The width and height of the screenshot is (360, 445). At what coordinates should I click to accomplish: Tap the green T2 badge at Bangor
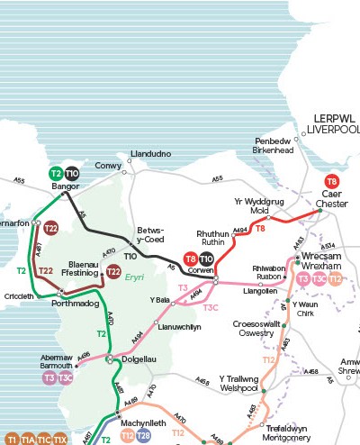pyautogui.click(x=56, y=173)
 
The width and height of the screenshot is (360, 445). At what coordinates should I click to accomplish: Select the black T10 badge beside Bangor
pyautogui.click(x=72, y=173)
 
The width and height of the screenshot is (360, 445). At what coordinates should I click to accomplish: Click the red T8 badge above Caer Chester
pyautogui.click(x=332, y=181)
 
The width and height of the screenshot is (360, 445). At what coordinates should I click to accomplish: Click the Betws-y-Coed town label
pyautogui.click(x=150, y=234)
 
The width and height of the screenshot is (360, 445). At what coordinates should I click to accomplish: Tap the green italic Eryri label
pyautogui.click(x=136, y=278)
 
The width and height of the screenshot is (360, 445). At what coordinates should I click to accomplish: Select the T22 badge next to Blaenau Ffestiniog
pyautogui.click(x=113, y=270)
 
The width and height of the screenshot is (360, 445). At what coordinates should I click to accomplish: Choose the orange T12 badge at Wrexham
pyautogui.click(x=335, y=279)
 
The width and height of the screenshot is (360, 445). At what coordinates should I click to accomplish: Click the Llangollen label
pyautogui.click(x=259, y=291)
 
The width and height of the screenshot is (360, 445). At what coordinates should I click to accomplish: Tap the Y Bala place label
pyautogui.click(x=159, y=299)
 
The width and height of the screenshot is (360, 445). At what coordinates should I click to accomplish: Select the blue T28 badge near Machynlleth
pyautogui.click(x=144, y=436)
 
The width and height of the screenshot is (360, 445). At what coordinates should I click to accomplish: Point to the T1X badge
pyautogui.click(x=59, y=439)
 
